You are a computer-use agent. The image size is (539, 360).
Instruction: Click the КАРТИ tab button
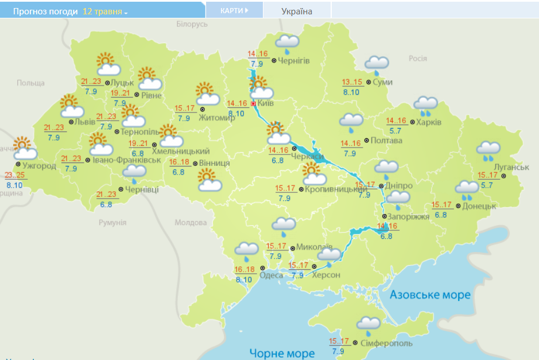tap(234, 10)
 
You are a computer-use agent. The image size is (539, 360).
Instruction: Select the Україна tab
tap(297, 11)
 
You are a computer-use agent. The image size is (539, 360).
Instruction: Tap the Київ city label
tap(266, 104)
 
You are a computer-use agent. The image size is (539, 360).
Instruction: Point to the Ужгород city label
tap(40, 166)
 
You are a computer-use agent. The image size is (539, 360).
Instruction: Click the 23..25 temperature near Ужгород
tap(14, 175)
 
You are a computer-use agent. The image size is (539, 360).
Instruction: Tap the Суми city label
tap(382, 82)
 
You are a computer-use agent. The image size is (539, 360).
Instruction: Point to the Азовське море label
tap(430, 295)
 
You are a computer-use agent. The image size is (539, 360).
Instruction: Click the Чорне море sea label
tap(282, 353)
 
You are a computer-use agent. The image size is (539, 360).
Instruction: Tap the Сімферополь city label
tap(386, 343)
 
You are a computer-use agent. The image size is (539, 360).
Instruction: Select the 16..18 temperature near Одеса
tap(244, 270)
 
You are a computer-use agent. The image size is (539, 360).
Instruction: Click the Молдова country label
tap(190, 222)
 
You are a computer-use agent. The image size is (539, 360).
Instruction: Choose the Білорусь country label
tap(192, 24)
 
